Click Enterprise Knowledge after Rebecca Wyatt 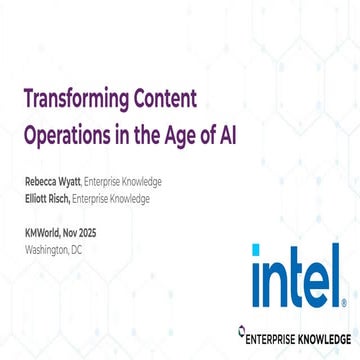(125, 183)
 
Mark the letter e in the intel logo (317, 284)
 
